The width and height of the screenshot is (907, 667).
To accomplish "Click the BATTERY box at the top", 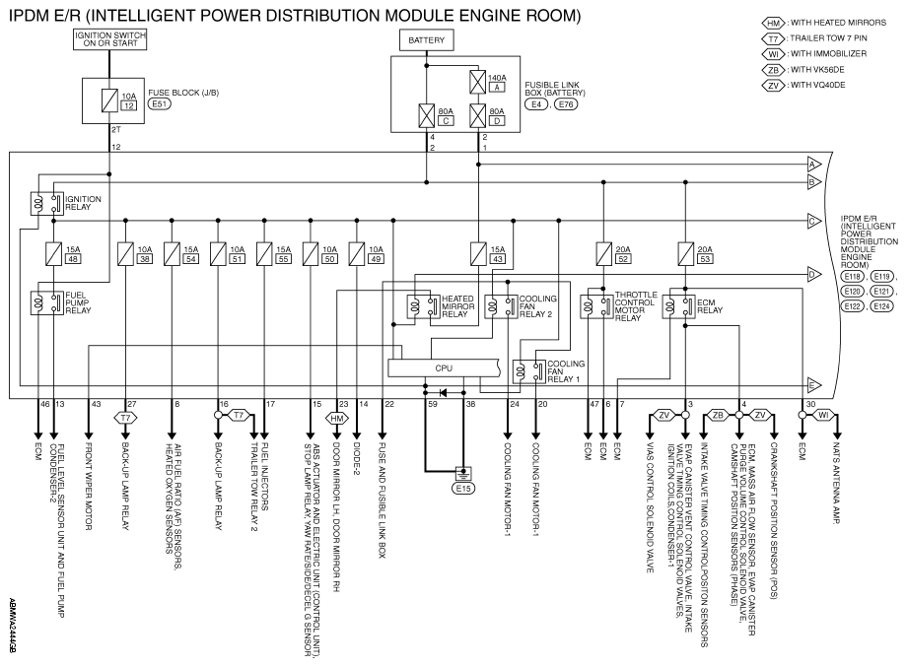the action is point(426,39).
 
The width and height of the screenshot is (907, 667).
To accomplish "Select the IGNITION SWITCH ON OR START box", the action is point(109,39).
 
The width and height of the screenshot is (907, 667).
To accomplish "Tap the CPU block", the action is point(444,368).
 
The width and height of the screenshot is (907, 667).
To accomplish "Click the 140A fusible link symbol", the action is point(478,82).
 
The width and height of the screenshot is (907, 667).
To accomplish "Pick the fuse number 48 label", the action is point(74,259).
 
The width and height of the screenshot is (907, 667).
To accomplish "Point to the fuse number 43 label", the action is point(498,259).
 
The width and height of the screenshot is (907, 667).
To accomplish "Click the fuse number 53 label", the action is point(705,259).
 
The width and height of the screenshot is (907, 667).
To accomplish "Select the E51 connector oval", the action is point(159,104).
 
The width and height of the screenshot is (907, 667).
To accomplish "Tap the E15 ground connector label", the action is point(463,489).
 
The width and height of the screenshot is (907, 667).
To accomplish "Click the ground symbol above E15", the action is point(463,473).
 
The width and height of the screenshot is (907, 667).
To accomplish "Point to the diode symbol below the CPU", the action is point(443,393).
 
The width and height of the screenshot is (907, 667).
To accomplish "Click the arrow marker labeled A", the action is point(814,165).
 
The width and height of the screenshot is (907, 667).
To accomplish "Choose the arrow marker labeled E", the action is point(814,385).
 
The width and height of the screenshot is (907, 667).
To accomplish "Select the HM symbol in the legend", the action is point(774,23).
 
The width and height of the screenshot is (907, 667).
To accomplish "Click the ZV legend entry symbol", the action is point(774,86).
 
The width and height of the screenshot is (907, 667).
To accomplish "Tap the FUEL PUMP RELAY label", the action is point(78,302).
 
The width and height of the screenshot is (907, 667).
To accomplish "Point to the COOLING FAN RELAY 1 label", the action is point(566,371).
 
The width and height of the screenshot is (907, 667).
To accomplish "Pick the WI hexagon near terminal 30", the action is point(822,415).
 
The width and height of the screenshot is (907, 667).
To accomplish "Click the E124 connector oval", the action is point(881,306).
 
